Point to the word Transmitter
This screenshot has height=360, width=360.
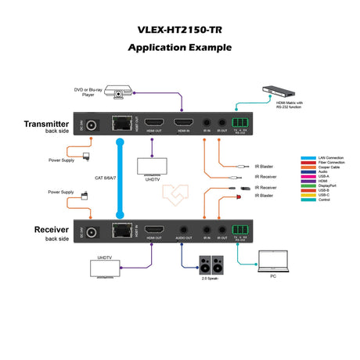click(x=46, y=124)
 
